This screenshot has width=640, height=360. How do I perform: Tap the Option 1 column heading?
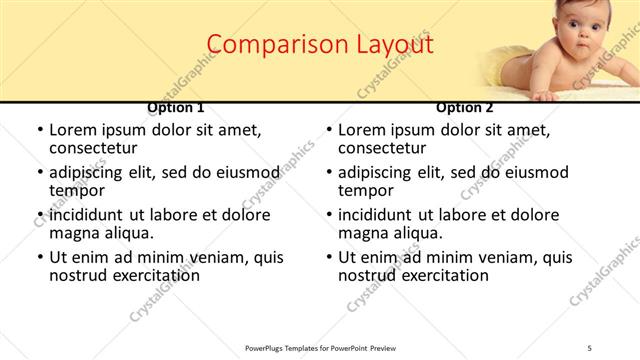point(176,108)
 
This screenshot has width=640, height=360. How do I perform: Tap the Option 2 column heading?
point(465,108)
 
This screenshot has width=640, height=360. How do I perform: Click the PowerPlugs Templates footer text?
point(320,348)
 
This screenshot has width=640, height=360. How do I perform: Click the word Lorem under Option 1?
point(74,130)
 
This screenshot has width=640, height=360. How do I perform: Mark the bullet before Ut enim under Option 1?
point(39,257)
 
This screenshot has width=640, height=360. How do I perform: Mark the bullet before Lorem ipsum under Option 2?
point(328,130)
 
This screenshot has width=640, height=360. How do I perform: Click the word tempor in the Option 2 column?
point(365,190)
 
